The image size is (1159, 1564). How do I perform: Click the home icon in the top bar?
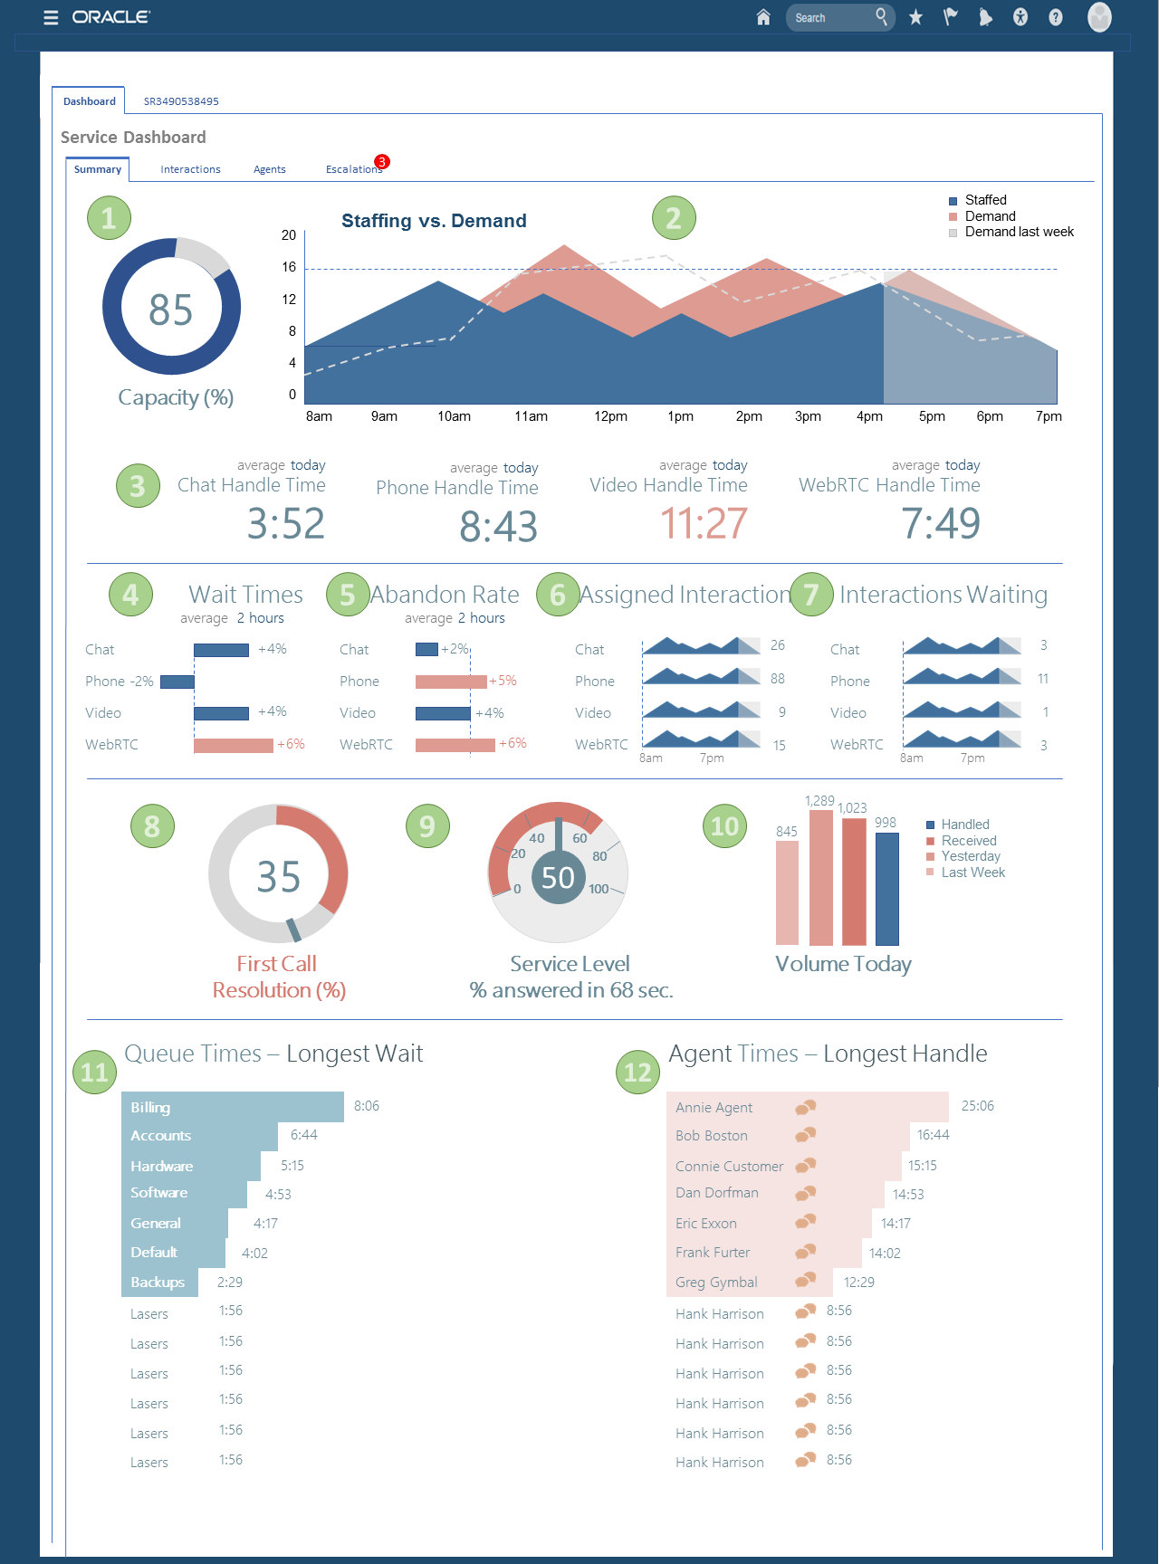coord(763,17)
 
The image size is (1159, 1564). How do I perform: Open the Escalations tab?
coord(353,169)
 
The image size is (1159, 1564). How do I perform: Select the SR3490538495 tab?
coord(181,101)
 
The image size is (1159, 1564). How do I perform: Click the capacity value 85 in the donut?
coord(171,310)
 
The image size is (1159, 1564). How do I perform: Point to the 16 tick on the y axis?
coord(289,267)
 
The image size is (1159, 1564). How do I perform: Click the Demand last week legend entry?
coord(1018,233)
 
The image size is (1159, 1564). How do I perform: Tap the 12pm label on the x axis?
coord(610,416)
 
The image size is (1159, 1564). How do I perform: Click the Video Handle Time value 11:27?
coord(704,524)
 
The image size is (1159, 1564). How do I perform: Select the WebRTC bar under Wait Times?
coord(234,745)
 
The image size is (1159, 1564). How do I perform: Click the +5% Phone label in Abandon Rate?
coord(503,681)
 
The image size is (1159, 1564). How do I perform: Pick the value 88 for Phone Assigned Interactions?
coord(778,679)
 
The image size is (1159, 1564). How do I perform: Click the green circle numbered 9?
coord(427,826)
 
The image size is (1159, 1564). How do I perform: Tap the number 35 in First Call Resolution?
coord(279,877)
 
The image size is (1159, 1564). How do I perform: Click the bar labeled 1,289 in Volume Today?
coord(821,878)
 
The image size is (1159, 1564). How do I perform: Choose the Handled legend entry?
coord(964,825)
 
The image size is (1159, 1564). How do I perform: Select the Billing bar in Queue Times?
coord(233,1107)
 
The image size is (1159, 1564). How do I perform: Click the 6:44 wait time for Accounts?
coord(304,1135)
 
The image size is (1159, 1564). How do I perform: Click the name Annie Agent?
coord(714,1108)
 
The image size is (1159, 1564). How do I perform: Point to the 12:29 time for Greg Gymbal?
coord(859,1283)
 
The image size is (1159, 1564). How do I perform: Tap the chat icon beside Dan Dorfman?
coord(806,1194)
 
